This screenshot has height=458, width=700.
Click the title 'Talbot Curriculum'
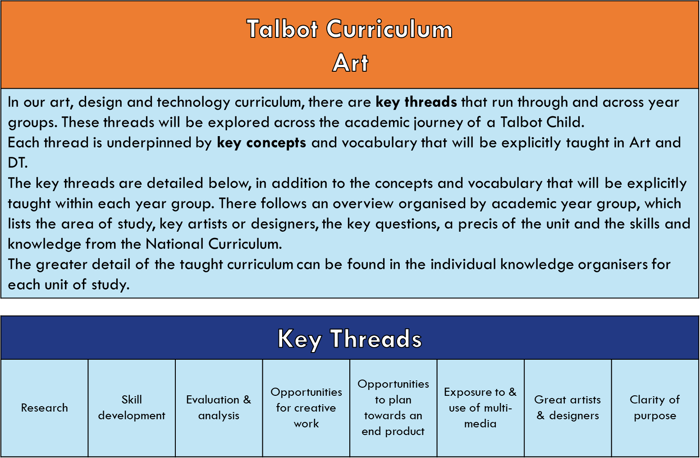[x=350, y=29]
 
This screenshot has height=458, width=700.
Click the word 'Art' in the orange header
[x=350, y=63]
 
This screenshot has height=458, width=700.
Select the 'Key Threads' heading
[x=350, y=339]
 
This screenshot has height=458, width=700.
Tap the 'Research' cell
[x=44, y=408]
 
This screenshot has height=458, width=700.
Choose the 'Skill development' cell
[x=132, y=408]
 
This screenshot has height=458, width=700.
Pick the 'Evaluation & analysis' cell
[x=219, y=408]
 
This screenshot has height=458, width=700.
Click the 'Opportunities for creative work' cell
[x=306, y=408]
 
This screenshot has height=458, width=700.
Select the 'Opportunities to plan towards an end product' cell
[x=393, y=408]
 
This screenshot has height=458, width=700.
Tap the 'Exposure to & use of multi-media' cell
[x=480, y=408]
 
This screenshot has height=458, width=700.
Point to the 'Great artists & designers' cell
[x=567, y=408]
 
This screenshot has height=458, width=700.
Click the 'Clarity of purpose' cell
[x=655, y=408]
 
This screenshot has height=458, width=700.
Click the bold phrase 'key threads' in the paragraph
[x=416, y=102]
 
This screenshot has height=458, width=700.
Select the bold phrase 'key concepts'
[x=261, y=143]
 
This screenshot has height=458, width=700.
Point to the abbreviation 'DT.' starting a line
[x=18, y=163]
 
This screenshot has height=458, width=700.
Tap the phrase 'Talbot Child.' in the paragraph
[x=542, y=122]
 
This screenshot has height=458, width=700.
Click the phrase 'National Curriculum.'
[x=214, y=244]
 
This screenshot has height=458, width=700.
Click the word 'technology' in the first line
[x=193, y=102]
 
